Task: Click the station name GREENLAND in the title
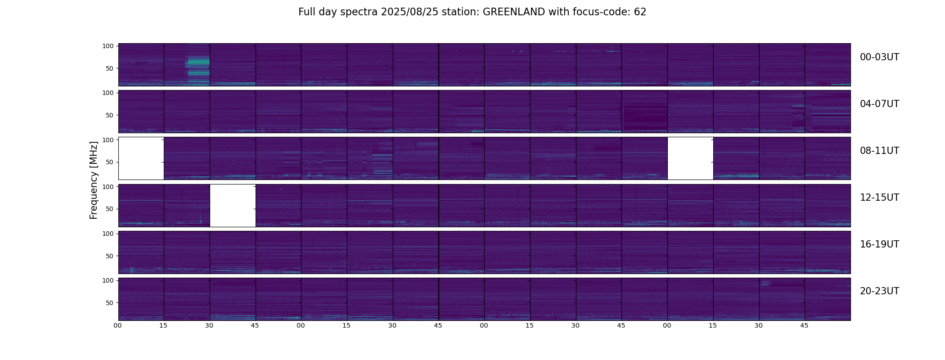coord(513,12)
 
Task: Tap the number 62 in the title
coord(640,12)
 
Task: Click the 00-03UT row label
coord(879,57)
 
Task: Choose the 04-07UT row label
coord(879,104)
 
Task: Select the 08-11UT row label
coord(879,151)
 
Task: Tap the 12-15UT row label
coord(879,198)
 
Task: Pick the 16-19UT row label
coord(879,244)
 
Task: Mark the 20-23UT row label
coord(879,291)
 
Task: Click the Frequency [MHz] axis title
coord(94,180)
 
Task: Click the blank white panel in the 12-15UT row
coord(233,205)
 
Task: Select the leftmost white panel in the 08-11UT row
coord(141,158)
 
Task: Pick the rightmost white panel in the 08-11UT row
coord(690,158)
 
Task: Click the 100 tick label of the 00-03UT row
coord(108,46)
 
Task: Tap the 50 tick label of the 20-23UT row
coord(109,303)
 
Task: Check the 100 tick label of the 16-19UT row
coord(108,234)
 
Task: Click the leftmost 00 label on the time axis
coord(117,325)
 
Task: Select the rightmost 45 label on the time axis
coord(804,325)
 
